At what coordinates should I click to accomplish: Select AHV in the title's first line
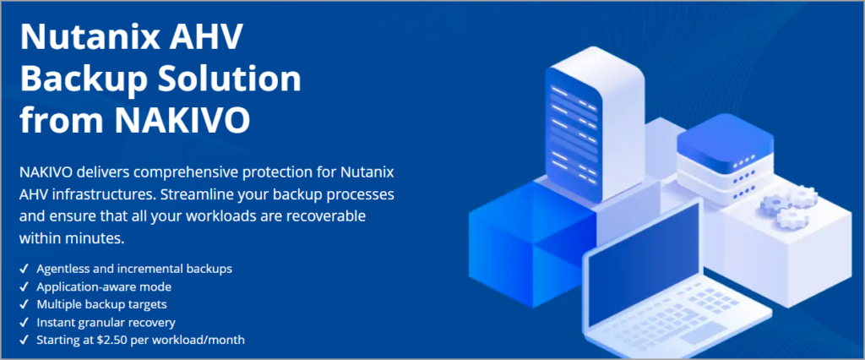click(x=211, y=39)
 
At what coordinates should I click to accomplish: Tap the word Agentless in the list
click(x=65, y=269)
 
